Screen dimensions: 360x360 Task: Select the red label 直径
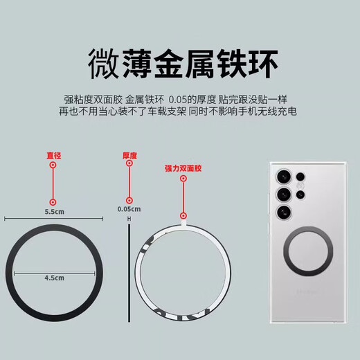[x=52, y=156]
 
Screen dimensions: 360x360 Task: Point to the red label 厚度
[x=128, y=156]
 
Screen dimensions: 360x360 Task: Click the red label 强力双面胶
[x=183, y=168]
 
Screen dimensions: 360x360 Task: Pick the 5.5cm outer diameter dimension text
[x=54, y=210]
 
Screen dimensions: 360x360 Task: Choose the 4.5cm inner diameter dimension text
[x=54, y=277]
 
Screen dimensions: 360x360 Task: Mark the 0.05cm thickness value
[x=129, y=208]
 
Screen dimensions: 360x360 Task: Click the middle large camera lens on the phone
[x=283, y=193]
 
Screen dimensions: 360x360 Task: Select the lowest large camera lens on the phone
[x=283, y=213]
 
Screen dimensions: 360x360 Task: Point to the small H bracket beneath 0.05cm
[x=129, y=219]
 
